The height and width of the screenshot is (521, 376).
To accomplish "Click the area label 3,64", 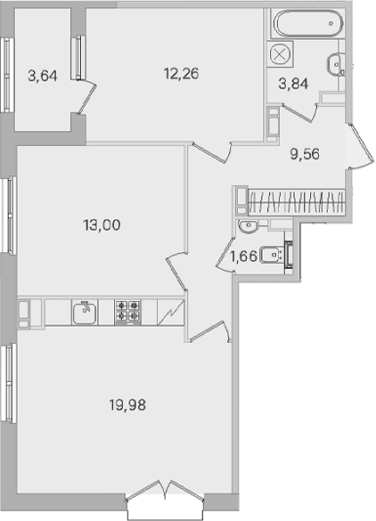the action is pos(43,76).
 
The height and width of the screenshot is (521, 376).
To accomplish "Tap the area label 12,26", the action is pos(181,73).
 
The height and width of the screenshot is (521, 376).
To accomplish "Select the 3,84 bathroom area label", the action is pos(293,84).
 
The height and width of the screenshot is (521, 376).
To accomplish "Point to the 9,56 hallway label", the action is pos(305,154).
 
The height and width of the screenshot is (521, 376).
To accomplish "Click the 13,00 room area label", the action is pos(102,225).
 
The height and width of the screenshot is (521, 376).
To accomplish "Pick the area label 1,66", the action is pos(243,256).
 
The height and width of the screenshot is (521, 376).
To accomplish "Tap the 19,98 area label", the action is pos(127,405).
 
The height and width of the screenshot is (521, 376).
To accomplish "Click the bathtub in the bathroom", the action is pos(308,23).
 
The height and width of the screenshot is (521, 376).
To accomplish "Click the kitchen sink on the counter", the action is pos(85,312).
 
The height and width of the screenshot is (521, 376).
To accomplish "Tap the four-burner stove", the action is pos(127,312).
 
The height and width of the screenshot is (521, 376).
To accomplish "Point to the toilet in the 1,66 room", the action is pos(271,255).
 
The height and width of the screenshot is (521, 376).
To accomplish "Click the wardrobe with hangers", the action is pos(297,202).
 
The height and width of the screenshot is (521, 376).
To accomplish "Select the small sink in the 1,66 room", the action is pos(247,225).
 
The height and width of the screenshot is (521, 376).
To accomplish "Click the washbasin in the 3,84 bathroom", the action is pos(335,62).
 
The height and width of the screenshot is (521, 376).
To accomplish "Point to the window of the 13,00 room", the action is pos(9,216).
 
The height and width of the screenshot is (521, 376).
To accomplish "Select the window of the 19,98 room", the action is pos(9,383).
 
